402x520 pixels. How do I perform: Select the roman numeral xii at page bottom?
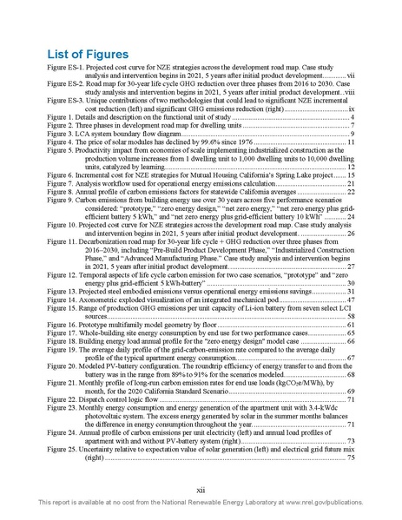coord(201,491)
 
